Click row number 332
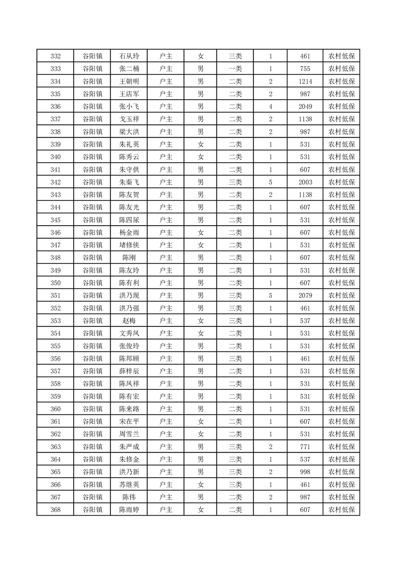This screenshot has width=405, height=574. [x=56, y=56]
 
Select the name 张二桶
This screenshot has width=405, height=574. [x=129, y=69]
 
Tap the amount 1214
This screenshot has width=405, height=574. [x=305, y=81]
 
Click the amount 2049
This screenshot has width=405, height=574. [x=305, y=106]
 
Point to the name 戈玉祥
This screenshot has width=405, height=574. [x=129, y=119]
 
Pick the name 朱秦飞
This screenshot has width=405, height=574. [x=129, y=182]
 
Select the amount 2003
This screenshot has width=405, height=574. [x=305, y=182]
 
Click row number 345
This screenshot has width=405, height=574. [x=56, y=220]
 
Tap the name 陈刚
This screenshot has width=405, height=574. [x=129, y=258]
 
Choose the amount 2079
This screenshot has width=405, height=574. [x=305, y=295]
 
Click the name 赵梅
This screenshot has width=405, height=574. [x=129, y=321]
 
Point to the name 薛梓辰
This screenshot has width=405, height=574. [x=129, y=371]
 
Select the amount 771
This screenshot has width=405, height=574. [x=305, y=447]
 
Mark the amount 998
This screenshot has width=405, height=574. [x=305, y=472]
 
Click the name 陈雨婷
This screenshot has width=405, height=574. [x=129, y=510]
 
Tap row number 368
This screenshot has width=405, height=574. [x=56, y=510]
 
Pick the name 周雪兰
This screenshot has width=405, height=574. [x=129, y=434]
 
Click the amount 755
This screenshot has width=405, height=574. [x=305, y=69]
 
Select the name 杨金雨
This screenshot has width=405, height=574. [x=129, y=232]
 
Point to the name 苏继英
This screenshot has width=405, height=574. [x=129, y=484]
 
